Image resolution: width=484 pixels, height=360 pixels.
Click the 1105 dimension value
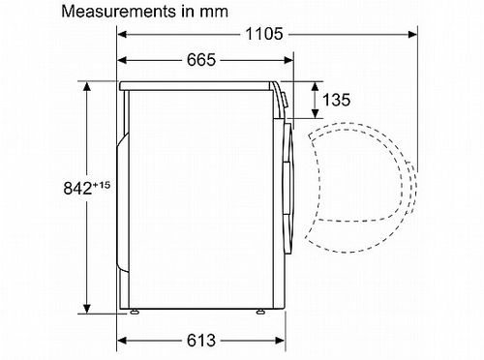tap(264, 34)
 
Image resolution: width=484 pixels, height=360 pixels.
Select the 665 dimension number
tap(201, 60)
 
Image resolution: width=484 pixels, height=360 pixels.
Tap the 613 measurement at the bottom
tap(201, 341)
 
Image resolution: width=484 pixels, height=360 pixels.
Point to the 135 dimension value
tap(336, 100)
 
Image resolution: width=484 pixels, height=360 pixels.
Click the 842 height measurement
tap(77, 189)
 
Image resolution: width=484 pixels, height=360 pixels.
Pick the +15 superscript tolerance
tap(102, 185)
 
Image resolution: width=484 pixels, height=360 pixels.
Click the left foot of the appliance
tap(134, 312)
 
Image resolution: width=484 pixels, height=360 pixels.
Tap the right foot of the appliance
tap(259, 312)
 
